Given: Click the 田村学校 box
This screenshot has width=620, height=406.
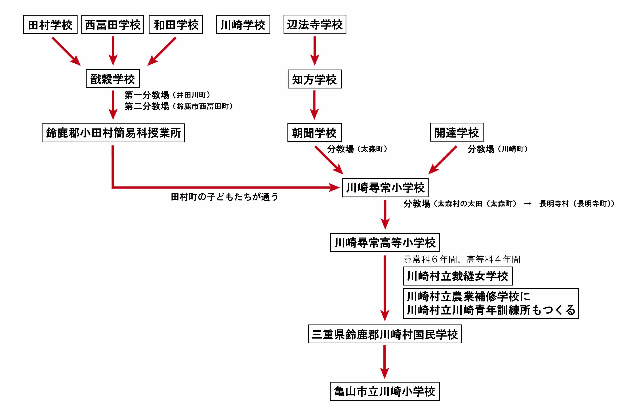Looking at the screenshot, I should pos(50,24).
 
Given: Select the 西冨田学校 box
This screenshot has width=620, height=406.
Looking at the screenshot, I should pos(113,24).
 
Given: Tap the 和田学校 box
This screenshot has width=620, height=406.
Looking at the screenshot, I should pos(176,24).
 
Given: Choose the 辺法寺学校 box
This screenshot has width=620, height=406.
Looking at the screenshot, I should pos(315,24).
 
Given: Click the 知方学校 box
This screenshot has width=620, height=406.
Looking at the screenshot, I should pos(314,79).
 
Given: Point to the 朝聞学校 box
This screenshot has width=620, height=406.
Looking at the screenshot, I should pos(314,133).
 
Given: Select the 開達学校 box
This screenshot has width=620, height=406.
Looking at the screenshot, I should pos(457,132).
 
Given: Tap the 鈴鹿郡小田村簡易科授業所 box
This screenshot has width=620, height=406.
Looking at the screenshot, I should pos(113,133).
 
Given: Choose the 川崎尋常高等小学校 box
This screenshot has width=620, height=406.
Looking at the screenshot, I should pos(385,242).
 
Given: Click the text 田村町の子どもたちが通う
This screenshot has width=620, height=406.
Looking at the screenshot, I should pos(224,197).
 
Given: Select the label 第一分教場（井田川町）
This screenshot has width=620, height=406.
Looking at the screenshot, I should pos(167,95).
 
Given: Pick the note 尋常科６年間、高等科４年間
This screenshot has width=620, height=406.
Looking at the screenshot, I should pos(462,259).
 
